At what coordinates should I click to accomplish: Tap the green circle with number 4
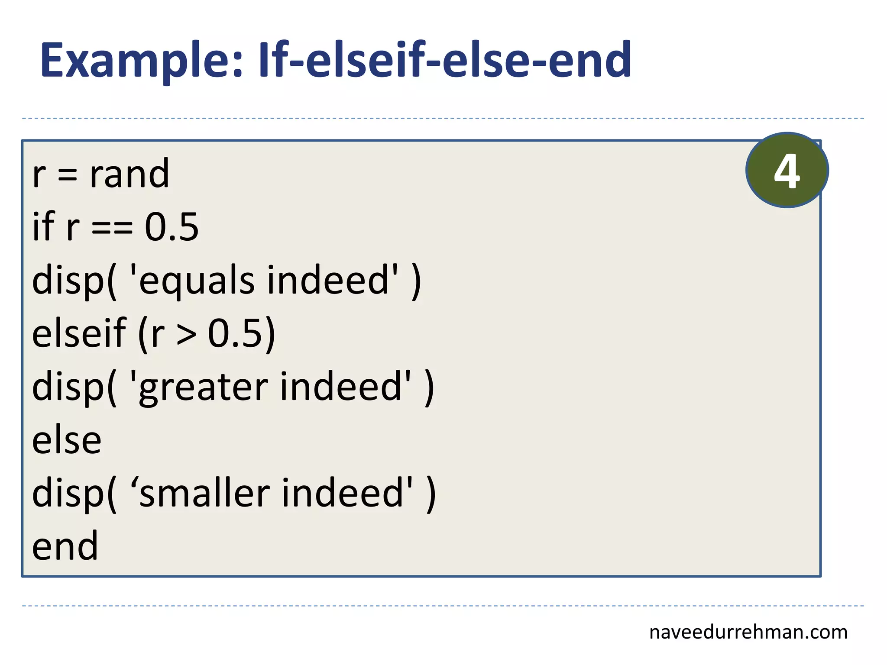tap(787, 170)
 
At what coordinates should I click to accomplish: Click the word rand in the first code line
tap(129, 174)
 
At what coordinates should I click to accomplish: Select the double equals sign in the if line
tap(112, 227)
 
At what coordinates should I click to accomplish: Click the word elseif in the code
tap(79, 333)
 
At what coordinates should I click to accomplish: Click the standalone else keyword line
tap(67, 441)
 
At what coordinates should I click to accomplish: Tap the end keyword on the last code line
tap(65, 547)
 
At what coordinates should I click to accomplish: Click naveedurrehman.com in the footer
tap(748, 633)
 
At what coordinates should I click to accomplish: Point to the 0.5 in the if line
tap(172, 227)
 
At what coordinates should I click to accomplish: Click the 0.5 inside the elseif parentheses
tap(236, 334)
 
